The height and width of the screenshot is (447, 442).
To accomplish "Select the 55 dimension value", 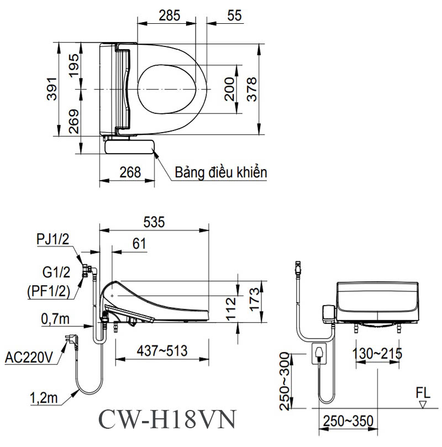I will click(234, 15).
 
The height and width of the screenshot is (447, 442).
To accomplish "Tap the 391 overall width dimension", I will click(51, 89).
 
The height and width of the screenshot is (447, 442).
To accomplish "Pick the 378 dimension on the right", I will click(252, 89).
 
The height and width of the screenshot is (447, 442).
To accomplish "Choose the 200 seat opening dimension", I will click(229, 89).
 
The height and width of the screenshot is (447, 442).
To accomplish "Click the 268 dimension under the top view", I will click(130, 172).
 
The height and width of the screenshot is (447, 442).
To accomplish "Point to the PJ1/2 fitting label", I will click(52, 239).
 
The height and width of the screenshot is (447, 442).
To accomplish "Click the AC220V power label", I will click(28, 357).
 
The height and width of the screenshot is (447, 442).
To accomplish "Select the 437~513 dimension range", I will click(162, 350).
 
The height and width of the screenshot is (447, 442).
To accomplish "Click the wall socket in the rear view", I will click(320, 353).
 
